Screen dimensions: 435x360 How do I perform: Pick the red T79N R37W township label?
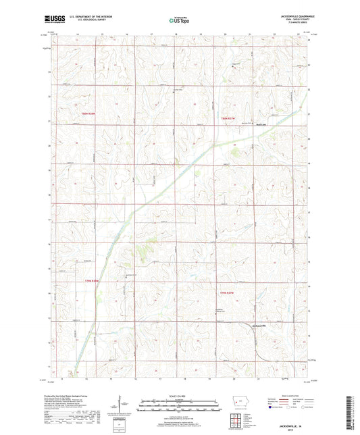pyautogui.click(x=231, y=292)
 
